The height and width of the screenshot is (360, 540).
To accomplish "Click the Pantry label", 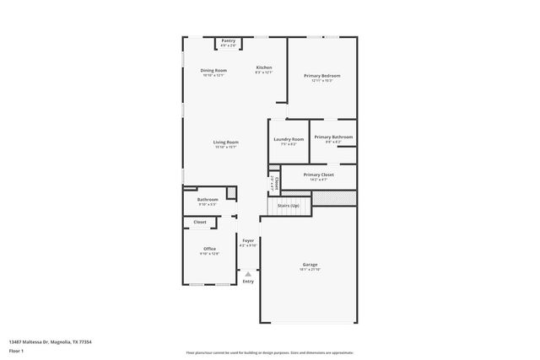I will tap(229, 41).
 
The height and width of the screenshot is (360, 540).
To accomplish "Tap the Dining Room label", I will tap(213, 70).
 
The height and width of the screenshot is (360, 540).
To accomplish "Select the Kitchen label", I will tap(264, 67).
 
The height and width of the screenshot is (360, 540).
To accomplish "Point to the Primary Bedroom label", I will tap(321, 76).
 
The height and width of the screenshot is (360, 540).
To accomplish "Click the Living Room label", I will tap(225, 142).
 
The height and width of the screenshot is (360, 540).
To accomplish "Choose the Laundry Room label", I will tap(289, 139).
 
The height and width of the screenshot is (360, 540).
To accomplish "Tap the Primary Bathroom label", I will tap(333, 137).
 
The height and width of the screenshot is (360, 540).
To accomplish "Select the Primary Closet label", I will tap(319, 175).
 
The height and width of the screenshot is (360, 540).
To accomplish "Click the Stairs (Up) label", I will tap(289, 205).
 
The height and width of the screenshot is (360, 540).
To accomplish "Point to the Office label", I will tap(209, 249).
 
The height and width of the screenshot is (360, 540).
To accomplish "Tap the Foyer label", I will tap(248, 241).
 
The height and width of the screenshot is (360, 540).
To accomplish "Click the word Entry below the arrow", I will tap(248, 282).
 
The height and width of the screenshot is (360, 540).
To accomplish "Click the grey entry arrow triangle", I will tap(248, 273).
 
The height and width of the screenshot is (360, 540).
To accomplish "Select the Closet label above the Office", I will tap(200, 222).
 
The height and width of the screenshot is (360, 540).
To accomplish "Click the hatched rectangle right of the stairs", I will tap(334, 198).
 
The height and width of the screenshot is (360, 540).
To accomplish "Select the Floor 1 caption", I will tap(17, 350).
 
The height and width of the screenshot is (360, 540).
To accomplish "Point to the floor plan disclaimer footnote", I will tap(269, 352).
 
